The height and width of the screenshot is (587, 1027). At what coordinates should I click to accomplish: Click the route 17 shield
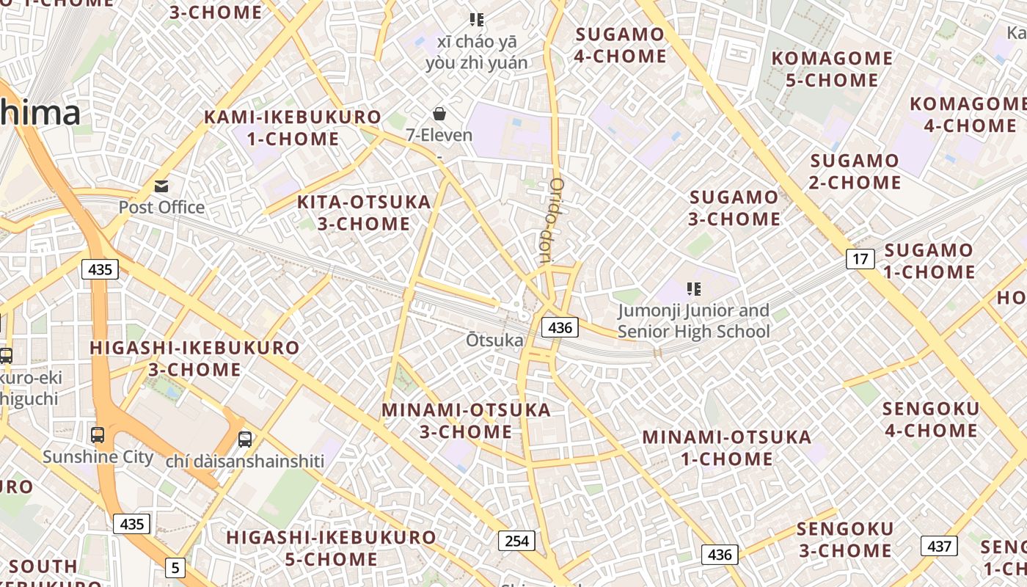click(x=860, y=258)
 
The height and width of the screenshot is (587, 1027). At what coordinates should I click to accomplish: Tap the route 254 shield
click(x=516, y=541)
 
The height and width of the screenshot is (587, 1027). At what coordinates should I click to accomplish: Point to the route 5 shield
click(x=175, y=567)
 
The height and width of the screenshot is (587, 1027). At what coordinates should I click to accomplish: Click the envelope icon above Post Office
click(x=161, y=186)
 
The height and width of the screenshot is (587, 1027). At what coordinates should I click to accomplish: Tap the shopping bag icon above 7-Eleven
click(x=439, y=114)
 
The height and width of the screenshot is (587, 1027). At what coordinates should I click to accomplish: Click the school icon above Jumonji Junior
click(x=693, y=289)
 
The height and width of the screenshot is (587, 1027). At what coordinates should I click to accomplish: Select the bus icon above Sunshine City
click(x=98, y=434)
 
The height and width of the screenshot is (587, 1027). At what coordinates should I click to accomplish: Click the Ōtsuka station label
click(x=495, y=340)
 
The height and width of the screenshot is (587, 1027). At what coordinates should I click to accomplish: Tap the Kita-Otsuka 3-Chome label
click(x=364, y=213)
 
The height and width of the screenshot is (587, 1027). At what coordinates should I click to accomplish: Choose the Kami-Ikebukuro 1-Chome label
click(x=293, y=128)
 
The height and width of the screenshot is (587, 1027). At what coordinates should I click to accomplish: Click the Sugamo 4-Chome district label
click(x=620, y=45)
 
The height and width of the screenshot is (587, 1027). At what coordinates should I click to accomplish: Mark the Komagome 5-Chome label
click(x=832, y=69)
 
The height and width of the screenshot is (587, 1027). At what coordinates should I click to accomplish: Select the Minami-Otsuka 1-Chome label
click(x=727, y=448)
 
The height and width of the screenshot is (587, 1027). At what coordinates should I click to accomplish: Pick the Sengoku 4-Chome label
click(x=931, y=420)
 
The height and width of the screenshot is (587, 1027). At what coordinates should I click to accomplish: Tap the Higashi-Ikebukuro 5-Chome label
click(x=331, y=548)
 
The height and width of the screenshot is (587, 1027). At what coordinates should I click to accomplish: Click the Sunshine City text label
click(x=98, y=457)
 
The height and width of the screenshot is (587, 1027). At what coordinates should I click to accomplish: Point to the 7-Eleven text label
click(x=439, y=135)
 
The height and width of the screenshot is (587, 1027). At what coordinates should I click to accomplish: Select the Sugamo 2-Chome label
click(x=855, y=171)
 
